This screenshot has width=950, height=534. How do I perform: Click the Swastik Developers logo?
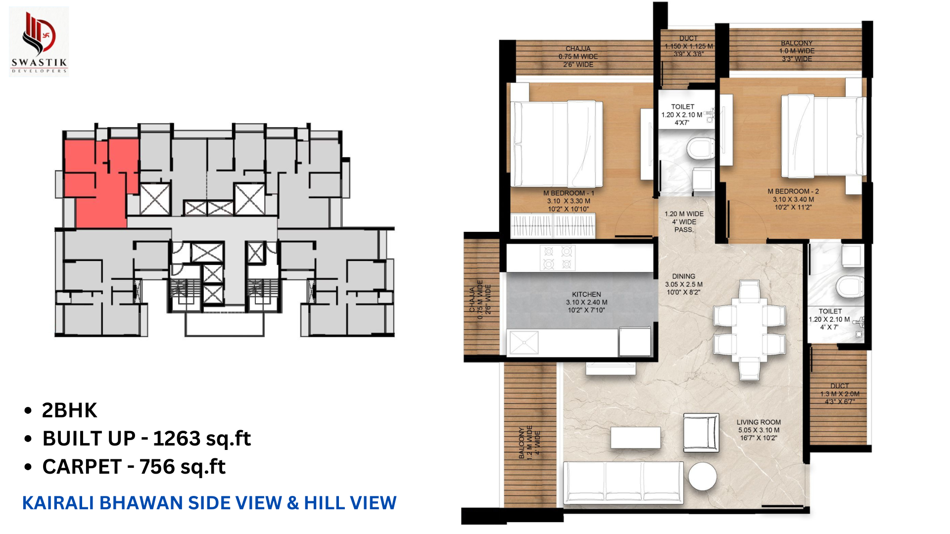(x=39, y=42)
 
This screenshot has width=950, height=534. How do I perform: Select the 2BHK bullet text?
(x=69, y=410)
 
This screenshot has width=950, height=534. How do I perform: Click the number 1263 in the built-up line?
(x=177, y=439)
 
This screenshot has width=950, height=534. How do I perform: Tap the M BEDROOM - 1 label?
(x=569, y=193)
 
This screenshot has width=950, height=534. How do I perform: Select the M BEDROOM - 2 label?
(x=793, y=191)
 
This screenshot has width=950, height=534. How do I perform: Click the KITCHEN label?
(x=586, y=294)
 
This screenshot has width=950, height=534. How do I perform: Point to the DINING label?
(x=683, y=276)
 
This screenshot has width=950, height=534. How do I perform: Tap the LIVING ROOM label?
(x=759, y=422)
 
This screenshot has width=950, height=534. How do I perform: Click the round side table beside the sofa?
(x=702, y=476)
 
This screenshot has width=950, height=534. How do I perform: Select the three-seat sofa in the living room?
(x=623, y=483)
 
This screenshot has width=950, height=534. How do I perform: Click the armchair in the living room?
(x=701, y=433)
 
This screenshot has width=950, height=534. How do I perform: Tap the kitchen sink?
(x=523, y=343)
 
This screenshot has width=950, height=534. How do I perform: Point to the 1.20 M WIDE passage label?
(x=684, y=214)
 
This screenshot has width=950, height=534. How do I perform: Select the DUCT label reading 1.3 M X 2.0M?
(x=840, y=394)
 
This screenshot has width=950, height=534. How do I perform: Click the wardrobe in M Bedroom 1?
(x=553, y=226)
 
